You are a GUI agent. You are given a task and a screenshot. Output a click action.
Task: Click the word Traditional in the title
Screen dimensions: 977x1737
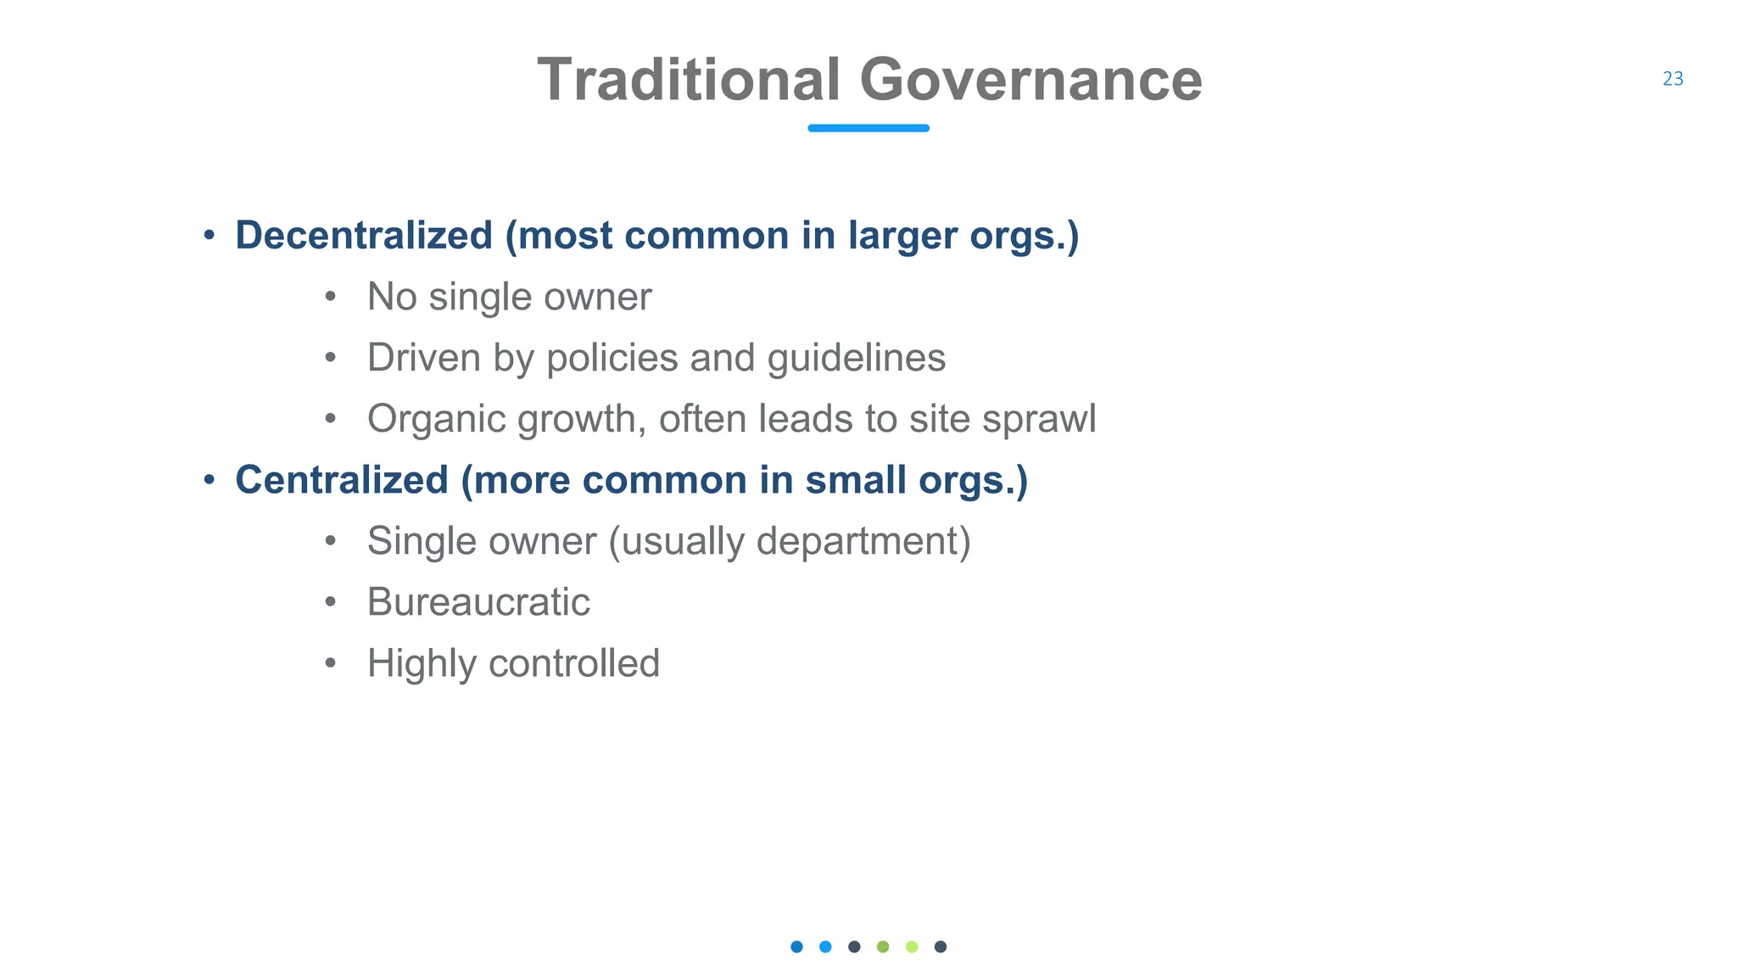(x=688, y=80)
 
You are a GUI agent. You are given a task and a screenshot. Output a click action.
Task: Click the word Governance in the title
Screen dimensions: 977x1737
(x=1030, y=80)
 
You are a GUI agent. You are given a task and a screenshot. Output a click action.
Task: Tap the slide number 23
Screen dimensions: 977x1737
(x=1673, y=79)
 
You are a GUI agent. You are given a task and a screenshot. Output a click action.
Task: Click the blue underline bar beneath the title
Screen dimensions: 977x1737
(x=868, y=128)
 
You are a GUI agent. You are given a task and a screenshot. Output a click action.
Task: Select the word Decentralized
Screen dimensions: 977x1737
(x=364, y=236)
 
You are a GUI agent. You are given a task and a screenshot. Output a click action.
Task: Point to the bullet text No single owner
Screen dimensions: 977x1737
(x=509, y=297)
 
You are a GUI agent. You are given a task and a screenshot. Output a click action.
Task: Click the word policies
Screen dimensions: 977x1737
(x=612, y=358)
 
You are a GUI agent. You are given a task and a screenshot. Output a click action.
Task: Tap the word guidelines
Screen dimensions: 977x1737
(x=856, y=358)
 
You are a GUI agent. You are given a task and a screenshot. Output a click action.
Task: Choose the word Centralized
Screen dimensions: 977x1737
(x=342, y=480)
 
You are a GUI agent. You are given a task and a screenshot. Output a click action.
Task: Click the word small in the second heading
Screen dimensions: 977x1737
(x=855, y=480)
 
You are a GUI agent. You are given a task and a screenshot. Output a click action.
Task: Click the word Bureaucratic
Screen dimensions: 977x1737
(x=478, y=602)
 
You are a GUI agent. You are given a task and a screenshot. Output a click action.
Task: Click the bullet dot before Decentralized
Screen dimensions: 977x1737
(x=209, y=236)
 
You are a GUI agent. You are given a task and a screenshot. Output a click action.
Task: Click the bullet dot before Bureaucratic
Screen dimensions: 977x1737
(x=331, y=602)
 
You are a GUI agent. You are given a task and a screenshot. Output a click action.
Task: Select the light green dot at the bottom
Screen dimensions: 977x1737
(x=912, y=946)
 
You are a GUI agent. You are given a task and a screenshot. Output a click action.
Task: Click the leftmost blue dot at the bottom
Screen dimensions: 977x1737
(x=796, y=946)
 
